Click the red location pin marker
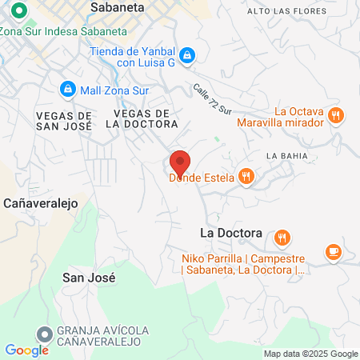[x=180, y=163]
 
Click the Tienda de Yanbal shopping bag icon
[x=186, y=54]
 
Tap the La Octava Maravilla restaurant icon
[x=336, y=114]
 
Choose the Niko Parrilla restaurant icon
[x=282, y=238]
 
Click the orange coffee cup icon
[x=333, y=251]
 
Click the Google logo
[x=26, y=350]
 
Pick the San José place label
[x=89, y=278]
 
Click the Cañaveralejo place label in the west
[x=40, y=203]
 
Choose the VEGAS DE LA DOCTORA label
[x=141, y=118]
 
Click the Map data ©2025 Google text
[x=310, y=354]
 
